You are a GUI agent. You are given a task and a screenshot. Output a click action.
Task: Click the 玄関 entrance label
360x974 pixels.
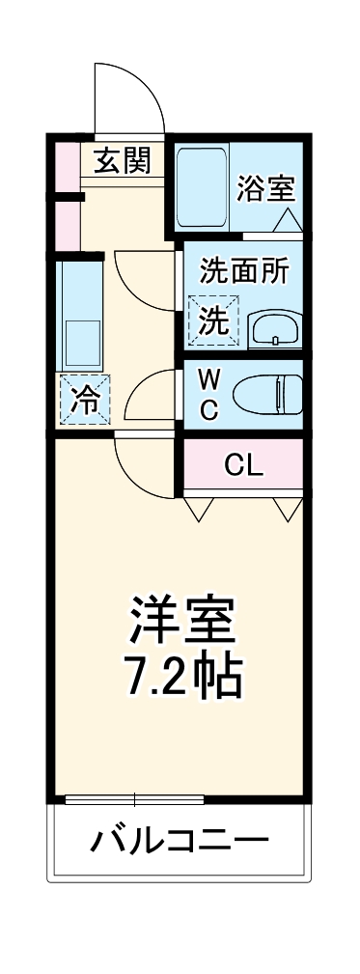tap(123, 159)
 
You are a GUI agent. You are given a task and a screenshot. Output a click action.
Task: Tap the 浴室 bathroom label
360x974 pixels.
tap(264, 188)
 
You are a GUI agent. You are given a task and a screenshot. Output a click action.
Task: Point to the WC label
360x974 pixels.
tap(210, 394)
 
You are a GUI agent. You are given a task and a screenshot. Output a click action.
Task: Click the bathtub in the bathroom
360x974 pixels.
tap(202, 188)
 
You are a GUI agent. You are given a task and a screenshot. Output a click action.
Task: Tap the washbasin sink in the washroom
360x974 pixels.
tap(275, 328)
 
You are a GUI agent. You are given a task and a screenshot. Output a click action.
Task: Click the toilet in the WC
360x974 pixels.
tap(273, 394)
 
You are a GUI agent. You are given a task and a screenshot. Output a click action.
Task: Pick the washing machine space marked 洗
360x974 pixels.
tap(213, 318)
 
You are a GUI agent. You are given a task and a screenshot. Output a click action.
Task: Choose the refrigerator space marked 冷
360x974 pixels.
tap(85, 398)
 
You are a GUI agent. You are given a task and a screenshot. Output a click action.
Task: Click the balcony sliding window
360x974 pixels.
tap(134, 798)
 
